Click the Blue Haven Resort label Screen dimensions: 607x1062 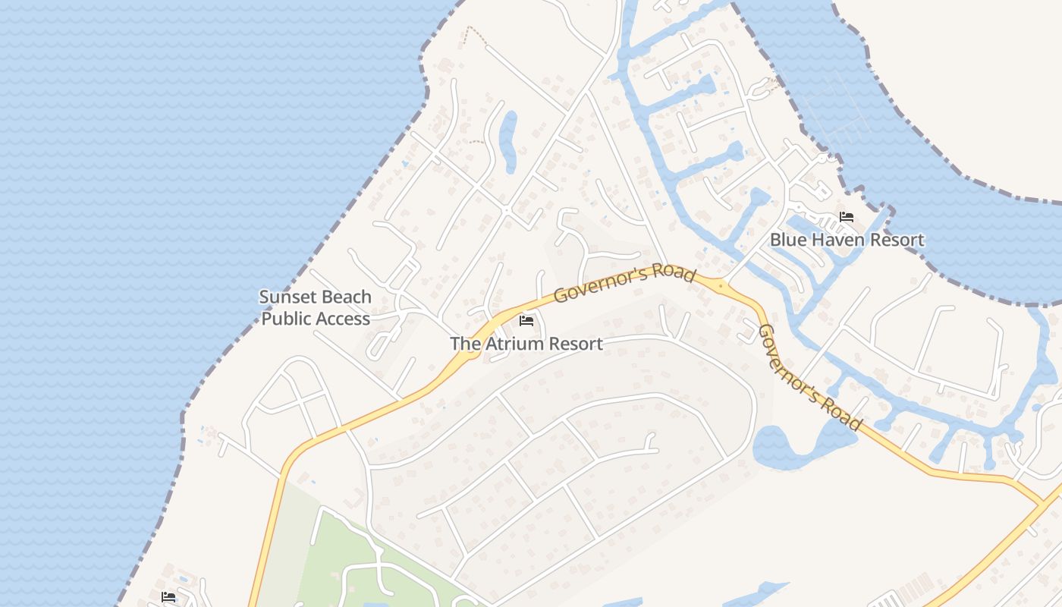point(847,240)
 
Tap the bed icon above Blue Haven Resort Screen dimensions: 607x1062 point(847,218)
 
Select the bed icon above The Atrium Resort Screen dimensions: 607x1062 point(526,321)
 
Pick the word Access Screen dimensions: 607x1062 point(343,319)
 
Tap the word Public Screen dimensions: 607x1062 point(287,319)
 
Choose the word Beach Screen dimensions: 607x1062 point(345,297)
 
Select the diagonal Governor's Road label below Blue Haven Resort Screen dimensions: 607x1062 point(809,376)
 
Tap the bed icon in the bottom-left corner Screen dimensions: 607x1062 point(168,597)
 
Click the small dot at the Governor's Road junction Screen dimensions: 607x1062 point(720,286)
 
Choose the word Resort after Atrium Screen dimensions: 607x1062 point(575,344)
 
